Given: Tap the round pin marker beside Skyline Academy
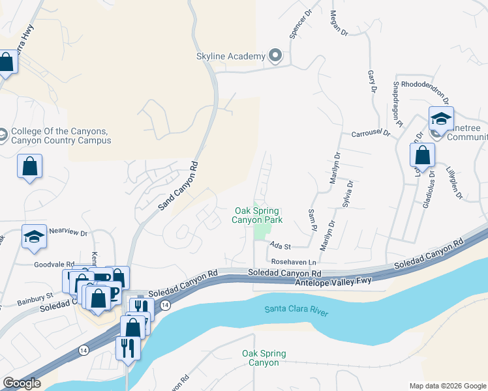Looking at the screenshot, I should pos(275,56).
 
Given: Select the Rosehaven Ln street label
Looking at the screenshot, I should pos(294,261).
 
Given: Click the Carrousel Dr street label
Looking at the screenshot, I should pos(370,133).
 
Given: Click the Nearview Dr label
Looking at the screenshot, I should pos(69,231).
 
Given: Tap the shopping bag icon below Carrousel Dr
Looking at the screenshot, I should pos(423,156).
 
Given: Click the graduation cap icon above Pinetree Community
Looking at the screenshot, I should pos(441,119).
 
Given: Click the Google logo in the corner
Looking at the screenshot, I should pos(22,383).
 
